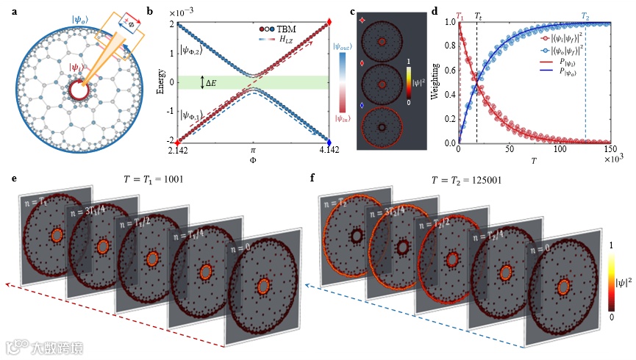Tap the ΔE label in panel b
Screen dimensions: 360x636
coord(220,82)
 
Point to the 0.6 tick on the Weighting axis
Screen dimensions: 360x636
coord(447,70)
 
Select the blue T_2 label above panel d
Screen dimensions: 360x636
coord(585,15)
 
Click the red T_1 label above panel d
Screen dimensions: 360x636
coord(460,15)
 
